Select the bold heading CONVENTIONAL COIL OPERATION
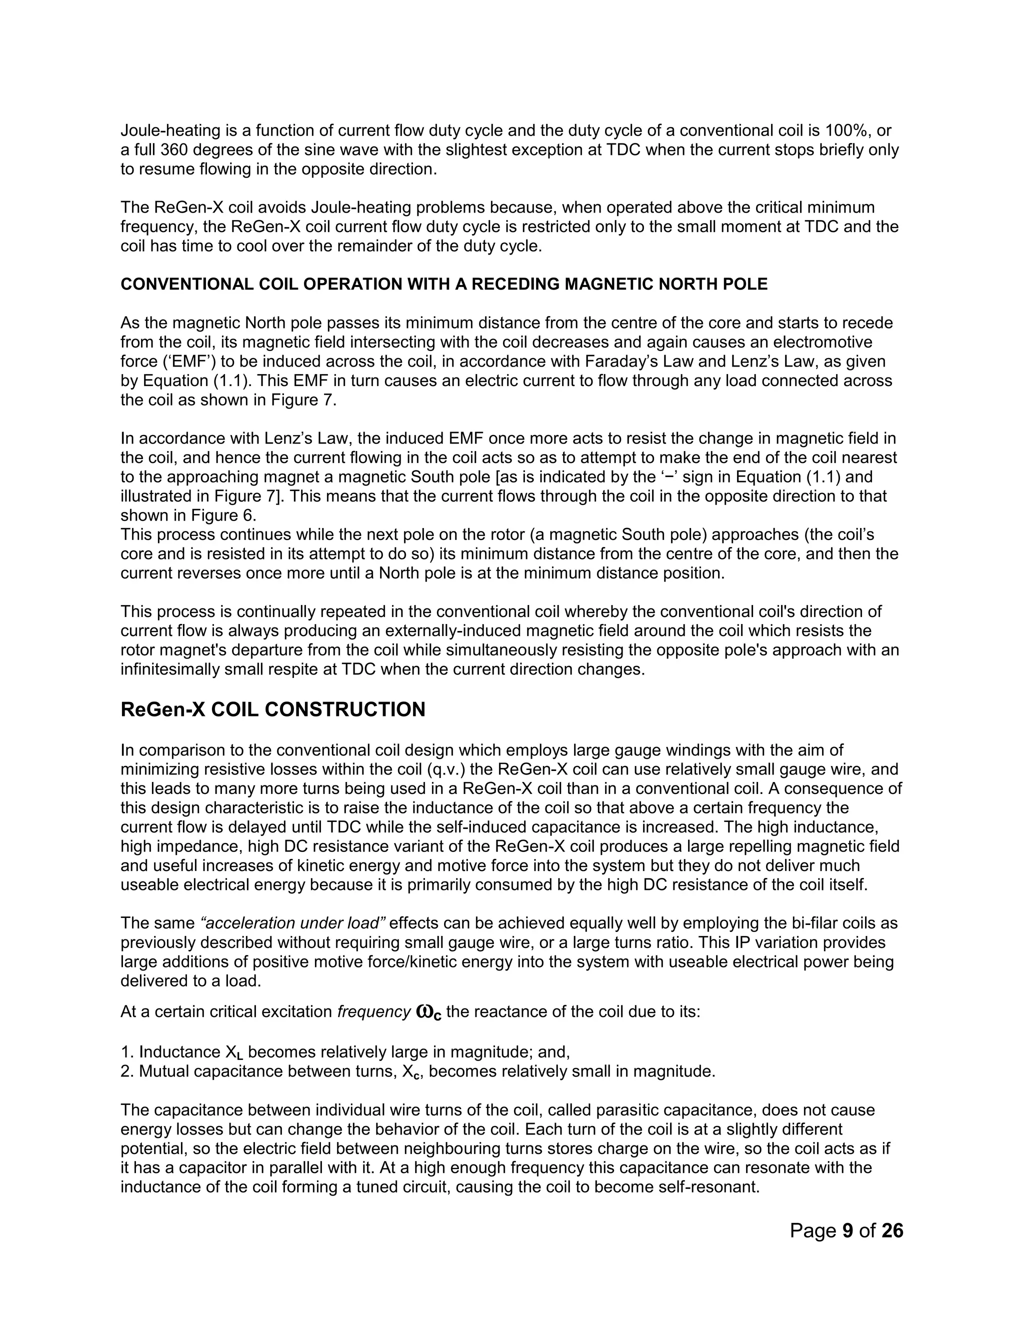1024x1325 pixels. point(443,284)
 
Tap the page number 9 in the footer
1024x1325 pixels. point(847,1230)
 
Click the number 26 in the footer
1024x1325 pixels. point(892,1230)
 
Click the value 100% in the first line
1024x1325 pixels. point(848,130)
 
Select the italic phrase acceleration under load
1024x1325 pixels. point(293,923)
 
